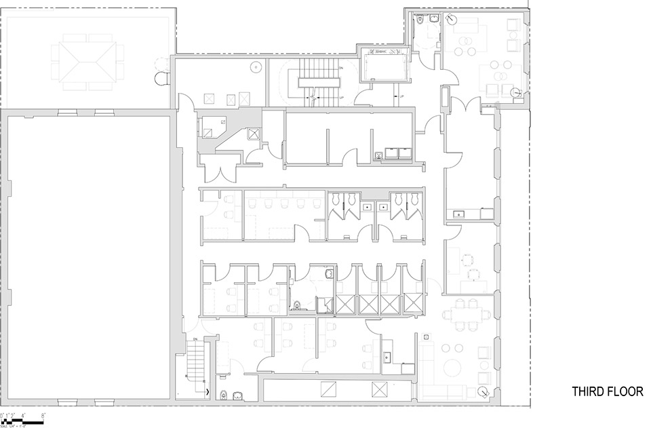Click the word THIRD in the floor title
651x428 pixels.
pos(587,391)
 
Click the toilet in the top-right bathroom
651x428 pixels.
pos(421,21)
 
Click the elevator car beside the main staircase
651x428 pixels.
pos(384,65)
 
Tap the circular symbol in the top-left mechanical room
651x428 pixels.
pos(256,66)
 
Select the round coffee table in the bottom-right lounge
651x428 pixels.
pos(452,367)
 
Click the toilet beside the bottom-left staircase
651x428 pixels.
pos(223,395)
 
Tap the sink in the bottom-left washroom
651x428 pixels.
pos(237,395)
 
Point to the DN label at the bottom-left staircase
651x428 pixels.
pos(195,338)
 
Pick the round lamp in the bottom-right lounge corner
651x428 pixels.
pos(482,391)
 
